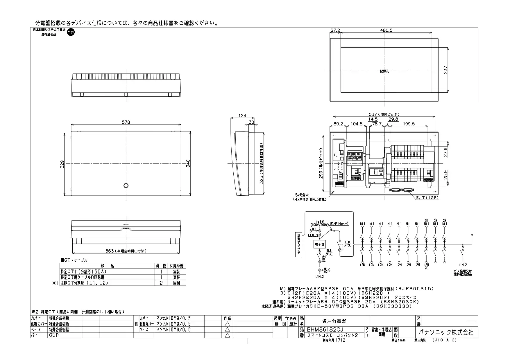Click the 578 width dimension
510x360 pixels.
point(126,123)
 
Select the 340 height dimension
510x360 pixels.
point(188,163)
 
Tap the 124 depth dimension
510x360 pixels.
point(242,116)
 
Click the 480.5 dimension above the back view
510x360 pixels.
point(385,30)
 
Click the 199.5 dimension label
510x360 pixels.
point(409,124)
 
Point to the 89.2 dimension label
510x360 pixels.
point(338,124)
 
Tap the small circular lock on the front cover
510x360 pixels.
point(126,186)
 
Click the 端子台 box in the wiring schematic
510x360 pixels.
point(319,244)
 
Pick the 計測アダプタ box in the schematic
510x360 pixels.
point(298,245)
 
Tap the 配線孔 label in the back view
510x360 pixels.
point(384,71)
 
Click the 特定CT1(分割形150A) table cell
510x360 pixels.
point(84,271)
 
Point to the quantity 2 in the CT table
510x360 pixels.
point(161,283)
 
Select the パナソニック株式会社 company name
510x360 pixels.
point(445,332)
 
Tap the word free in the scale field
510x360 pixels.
point(290,318)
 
